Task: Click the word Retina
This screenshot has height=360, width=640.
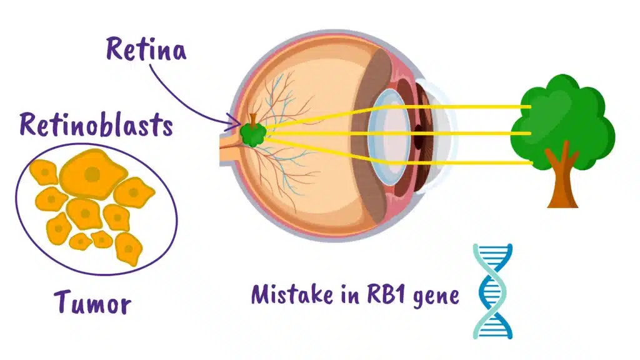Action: [x=146, y=49]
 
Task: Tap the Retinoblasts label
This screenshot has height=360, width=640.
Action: [x=96, y=124]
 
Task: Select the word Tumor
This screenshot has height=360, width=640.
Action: [x=92, y=302]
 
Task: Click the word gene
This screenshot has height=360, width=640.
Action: [x=436, y=295]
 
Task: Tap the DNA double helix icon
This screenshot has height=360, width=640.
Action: [x=492, y=291]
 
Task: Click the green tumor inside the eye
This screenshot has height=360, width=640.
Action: [x=254, y=133]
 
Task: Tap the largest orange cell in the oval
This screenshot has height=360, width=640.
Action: [x=92, y=172]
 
